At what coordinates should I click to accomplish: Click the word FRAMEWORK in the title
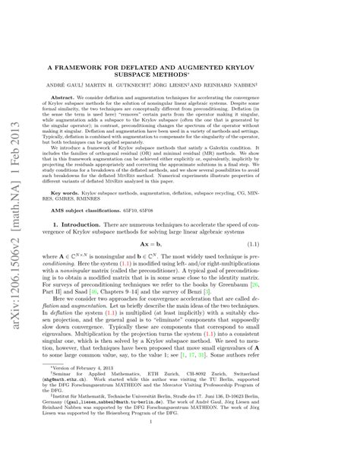click(x=110, y=67)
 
